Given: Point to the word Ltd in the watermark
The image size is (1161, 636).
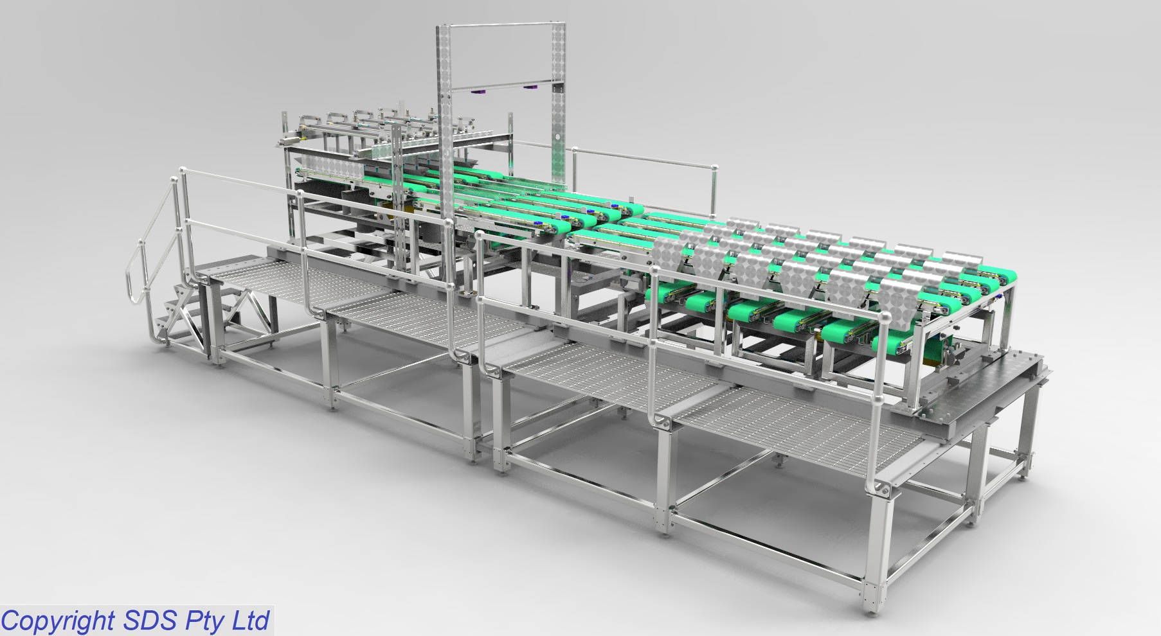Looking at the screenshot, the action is [x=249, y=621].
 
